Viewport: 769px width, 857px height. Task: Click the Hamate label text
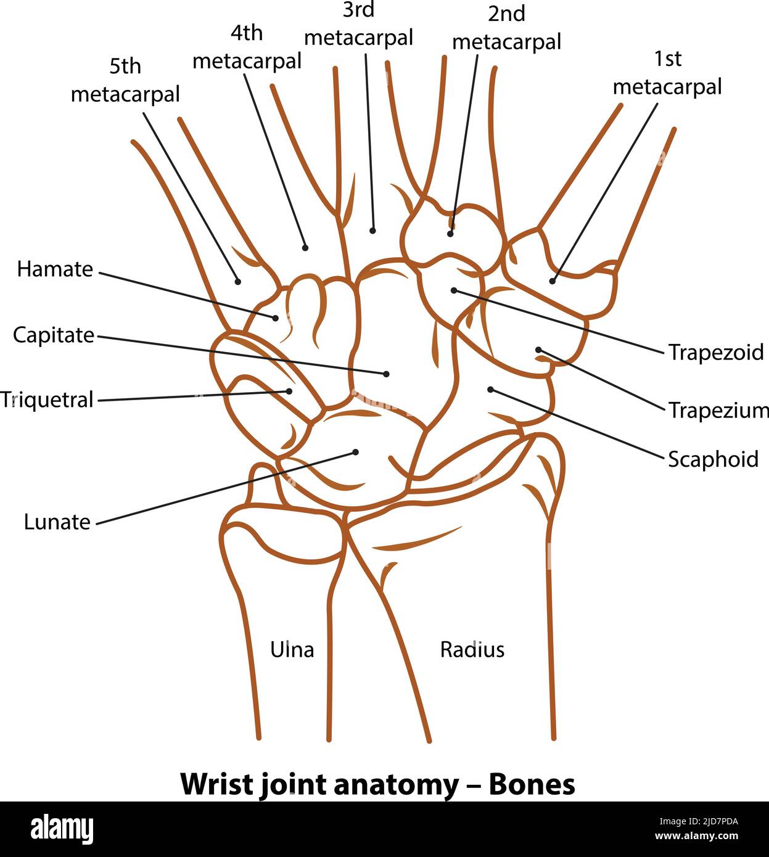55,269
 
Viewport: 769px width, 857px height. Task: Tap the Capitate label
54,335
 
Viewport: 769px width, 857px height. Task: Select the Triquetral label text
47,400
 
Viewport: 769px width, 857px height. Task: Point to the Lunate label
57,522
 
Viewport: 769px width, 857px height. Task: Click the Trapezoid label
716,353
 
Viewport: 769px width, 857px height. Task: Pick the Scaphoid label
713,459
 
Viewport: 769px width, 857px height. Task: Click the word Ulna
292,649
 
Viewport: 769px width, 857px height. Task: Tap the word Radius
472,649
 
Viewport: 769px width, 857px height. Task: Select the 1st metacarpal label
667,73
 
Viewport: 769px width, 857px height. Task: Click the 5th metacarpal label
125,80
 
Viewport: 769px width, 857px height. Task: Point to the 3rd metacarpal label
358,25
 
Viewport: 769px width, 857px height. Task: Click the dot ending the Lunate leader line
355,452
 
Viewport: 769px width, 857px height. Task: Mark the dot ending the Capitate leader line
387,374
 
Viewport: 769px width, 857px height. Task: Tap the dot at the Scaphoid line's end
491,389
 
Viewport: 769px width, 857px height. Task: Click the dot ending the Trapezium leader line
538,350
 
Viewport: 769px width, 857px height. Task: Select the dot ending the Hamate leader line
276,318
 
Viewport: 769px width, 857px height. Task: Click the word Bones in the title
532,784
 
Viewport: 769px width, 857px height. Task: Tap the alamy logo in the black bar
62,828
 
